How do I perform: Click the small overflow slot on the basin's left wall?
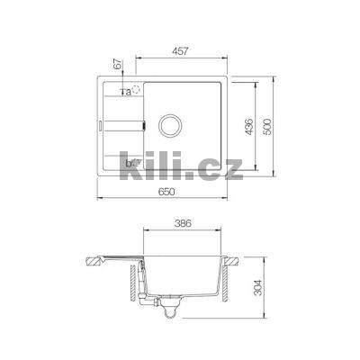(x=143, y=123)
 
